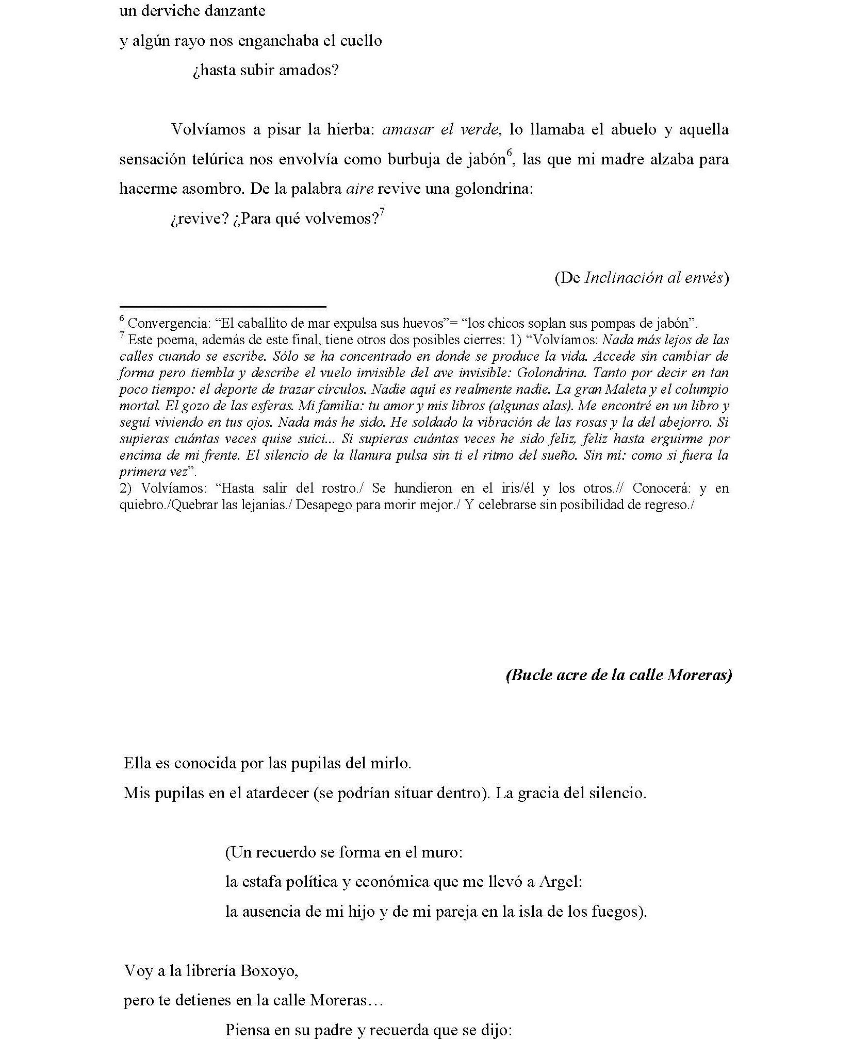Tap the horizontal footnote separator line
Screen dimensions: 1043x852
coord(223,307)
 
